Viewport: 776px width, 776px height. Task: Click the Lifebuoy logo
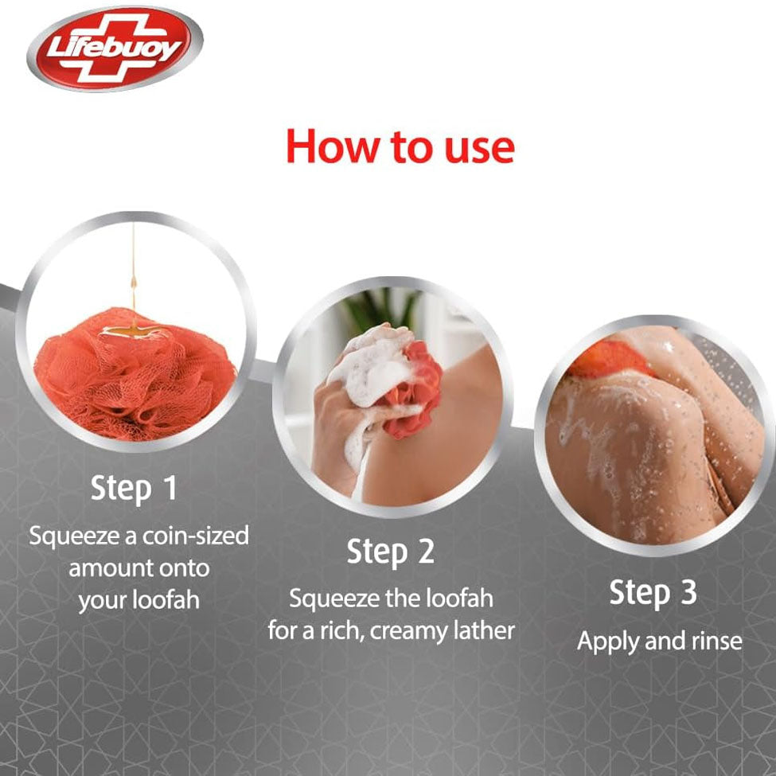tap(115, 49)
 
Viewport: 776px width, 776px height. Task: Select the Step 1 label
tap(134, 489)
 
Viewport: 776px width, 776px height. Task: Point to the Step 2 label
tap(391, 552)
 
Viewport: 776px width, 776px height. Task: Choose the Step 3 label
tap(653, 593)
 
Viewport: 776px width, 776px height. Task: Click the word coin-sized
tap(196, 536)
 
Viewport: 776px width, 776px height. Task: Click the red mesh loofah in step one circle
tap(135, 373)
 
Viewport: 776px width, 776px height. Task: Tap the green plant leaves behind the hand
tap(382, 307)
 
